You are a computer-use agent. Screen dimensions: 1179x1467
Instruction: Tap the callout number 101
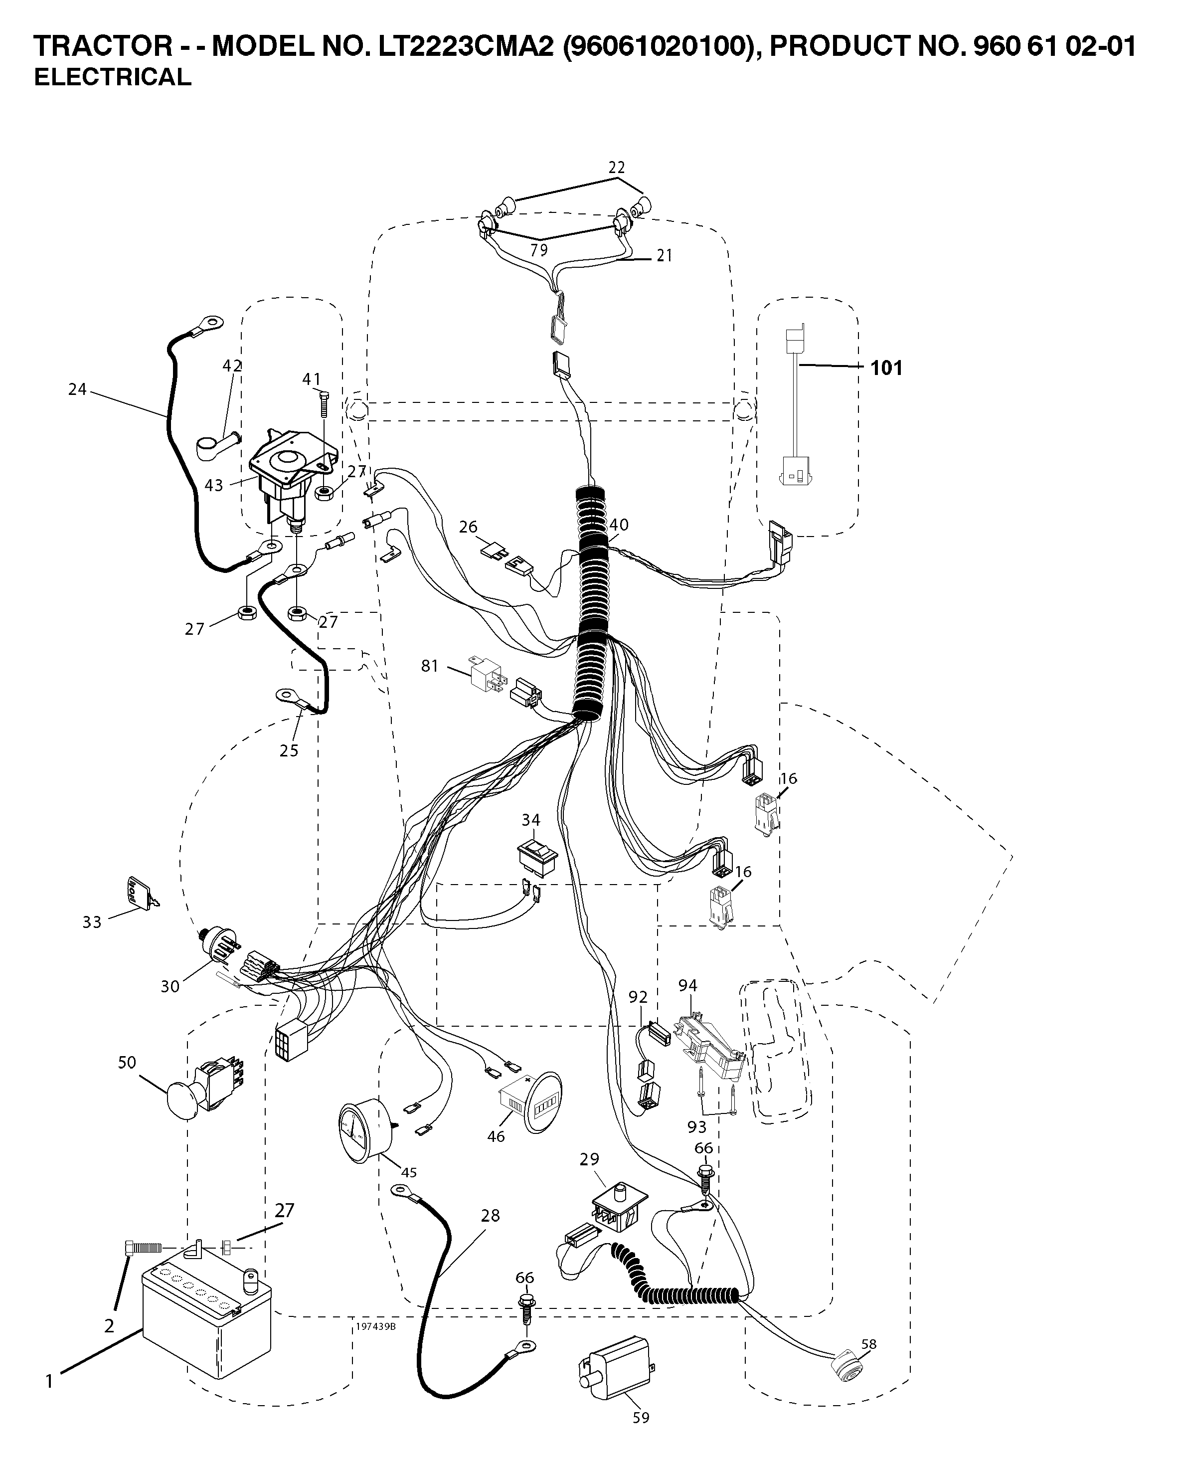pyautogui.click(x=886, y=368)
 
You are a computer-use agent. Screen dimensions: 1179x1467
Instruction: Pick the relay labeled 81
pyautogui.click(x=487, y=673)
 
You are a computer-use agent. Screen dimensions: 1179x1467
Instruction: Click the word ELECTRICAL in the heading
pyautogui.click(x=113, y=78)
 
